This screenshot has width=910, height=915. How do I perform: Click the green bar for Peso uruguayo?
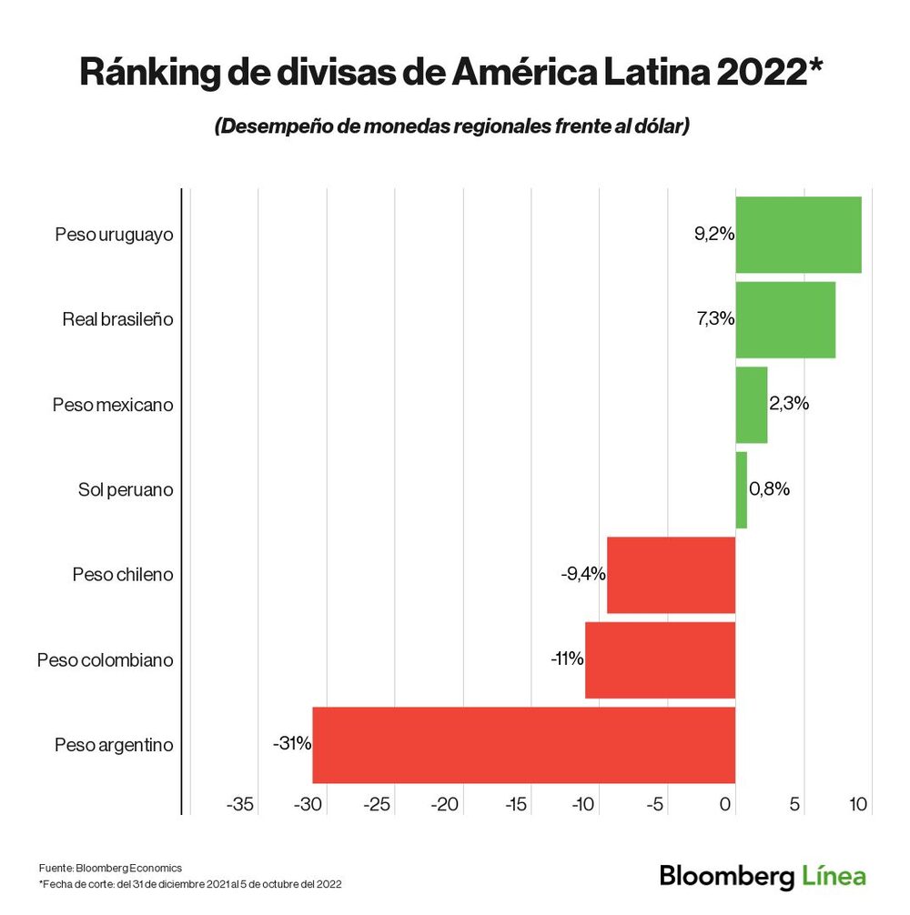[x=798, y=235]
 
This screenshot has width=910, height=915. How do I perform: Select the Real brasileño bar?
[x=785, y=319]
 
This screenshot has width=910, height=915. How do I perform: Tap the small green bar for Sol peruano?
[x=742, y=489]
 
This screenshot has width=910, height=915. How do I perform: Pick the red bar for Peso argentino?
[x=523, y=745]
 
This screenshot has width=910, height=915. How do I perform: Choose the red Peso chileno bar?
[x=671, y=575]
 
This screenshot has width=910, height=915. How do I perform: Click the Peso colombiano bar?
[x=660, y=659]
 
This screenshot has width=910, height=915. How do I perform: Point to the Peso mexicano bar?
[x=752, y=405]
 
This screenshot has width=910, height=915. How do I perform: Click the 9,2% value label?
[x=713, y=235]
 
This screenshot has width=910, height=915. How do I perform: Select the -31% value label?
[x=292, y=743]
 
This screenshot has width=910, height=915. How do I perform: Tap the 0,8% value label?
[x=769, y=489]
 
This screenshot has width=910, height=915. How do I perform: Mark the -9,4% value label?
[x=583, y=575]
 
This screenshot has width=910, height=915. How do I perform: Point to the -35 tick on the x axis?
[x=240, y=805]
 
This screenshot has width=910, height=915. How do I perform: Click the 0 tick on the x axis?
[x=726, y=805]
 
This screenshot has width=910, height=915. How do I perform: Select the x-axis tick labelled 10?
[x=858, y=805]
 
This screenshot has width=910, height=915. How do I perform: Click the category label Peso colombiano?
[x=105, y=660]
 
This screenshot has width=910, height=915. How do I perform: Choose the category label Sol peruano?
[x=126, y=490]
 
